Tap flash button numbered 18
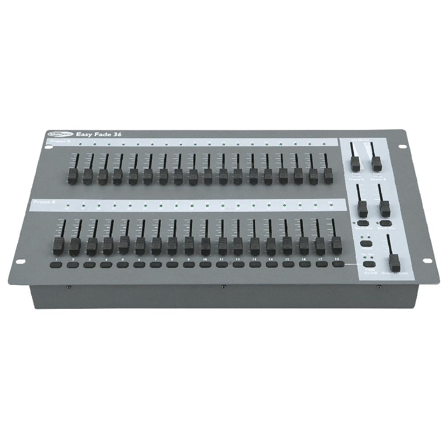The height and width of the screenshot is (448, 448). click(338, 264)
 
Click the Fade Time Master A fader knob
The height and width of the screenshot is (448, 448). click(355, 164)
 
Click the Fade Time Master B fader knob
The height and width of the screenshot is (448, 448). click(376, 163)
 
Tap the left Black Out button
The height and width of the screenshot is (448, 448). click(363, 223)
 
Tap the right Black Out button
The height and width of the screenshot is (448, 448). click(385, 223)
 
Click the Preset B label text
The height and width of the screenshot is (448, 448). click(44, 202)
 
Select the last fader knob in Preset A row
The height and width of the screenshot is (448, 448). click(328, 175)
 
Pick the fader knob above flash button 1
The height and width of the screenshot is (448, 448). click(58, 245)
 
